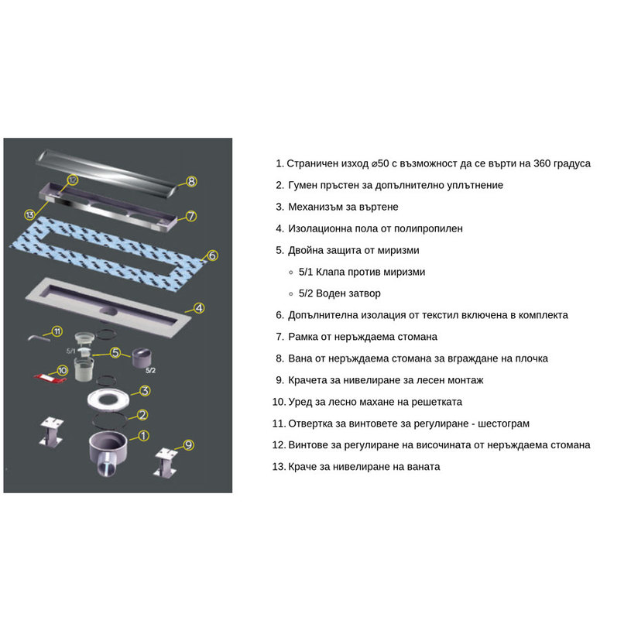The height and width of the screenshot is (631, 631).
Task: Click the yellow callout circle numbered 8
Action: [x=191, y=181]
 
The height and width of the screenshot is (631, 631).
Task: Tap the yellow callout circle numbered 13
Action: [x=29, y=214]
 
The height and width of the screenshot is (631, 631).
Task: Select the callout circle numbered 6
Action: [x=212, y=255]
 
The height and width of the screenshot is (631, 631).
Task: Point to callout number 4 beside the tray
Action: [x=199, y=308]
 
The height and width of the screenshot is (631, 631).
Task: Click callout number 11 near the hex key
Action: [x=57, y=331]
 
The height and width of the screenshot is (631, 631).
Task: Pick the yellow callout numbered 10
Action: [x=63, y=370]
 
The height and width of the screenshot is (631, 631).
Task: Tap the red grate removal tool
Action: [x=47, y=379]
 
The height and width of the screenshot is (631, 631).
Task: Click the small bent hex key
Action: [x=39, y=338]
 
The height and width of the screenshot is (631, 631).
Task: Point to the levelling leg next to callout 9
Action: [x=166, y=463]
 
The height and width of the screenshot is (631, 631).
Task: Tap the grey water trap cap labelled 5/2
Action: [x=142, y=358]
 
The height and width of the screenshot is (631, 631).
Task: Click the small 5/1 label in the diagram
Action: [x=70, y=352]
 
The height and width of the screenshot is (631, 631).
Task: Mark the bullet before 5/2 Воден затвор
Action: [x=291, y=294]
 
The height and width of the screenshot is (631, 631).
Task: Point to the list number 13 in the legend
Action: [x=279, y=467]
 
